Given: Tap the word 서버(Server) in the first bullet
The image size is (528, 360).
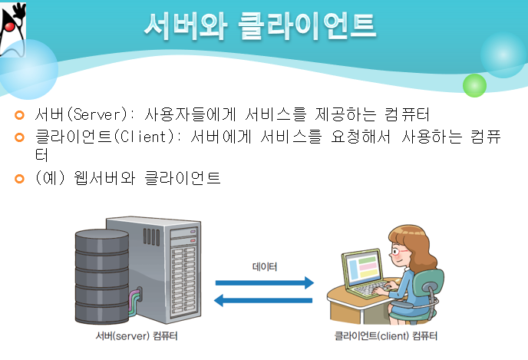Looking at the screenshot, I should click(76, 115).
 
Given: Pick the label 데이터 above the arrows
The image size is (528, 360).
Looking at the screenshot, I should click(265, 267).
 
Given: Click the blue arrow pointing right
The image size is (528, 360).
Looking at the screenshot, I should click(265, 283).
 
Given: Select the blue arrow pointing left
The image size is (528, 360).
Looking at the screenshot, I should click(265, 300).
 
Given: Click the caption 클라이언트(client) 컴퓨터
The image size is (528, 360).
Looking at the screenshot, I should click(387, 336).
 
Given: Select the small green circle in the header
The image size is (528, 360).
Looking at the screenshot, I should click(475, 84).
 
